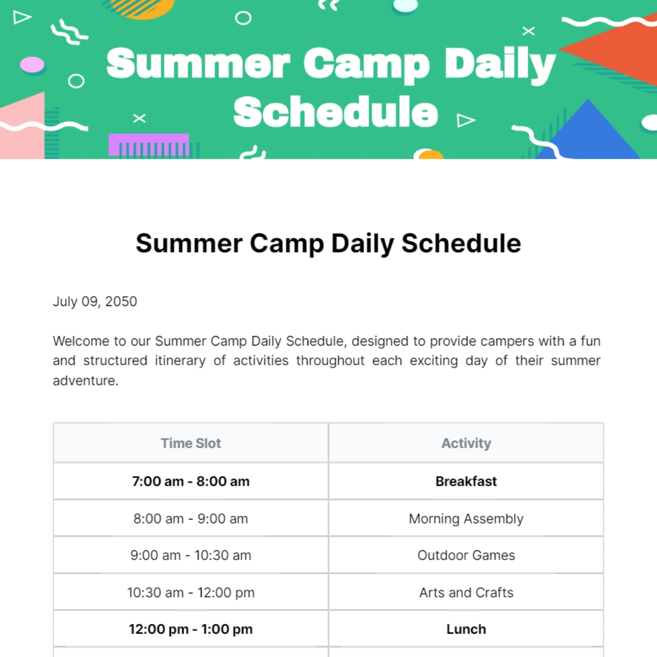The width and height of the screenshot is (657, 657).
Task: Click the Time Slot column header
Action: coord(191,443)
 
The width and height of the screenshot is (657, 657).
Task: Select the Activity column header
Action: coord(466,443)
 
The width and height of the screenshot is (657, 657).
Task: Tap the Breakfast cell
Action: coord(466,481)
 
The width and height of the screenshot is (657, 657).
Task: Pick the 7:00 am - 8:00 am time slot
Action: coord(191,481)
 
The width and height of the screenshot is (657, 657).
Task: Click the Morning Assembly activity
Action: coord(466,518)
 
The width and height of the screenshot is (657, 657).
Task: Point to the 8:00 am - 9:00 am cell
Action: coord(191,518)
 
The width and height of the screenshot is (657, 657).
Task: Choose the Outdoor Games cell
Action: coord(466,555)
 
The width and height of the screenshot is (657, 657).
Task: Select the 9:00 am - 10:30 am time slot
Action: coord(191,555)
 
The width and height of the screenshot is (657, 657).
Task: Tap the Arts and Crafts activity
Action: coord(466,592)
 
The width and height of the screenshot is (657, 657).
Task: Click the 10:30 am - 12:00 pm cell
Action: coord(191,592)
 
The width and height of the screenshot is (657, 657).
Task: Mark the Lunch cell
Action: coord(466,629)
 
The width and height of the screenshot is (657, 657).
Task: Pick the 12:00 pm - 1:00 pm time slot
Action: coord(191,629)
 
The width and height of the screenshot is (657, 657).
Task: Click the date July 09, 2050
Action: coord(95,301)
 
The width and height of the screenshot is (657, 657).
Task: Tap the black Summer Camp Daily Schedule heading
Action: coord(328,243)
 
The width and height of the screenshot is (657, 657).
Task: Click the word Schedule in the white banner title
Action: coord(335,112)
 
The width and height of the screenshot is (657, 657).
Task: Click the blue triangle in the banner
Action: coord(589,134)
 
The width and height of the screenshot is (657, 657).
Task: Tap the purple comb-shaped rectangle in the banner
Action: coord(148,145)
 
